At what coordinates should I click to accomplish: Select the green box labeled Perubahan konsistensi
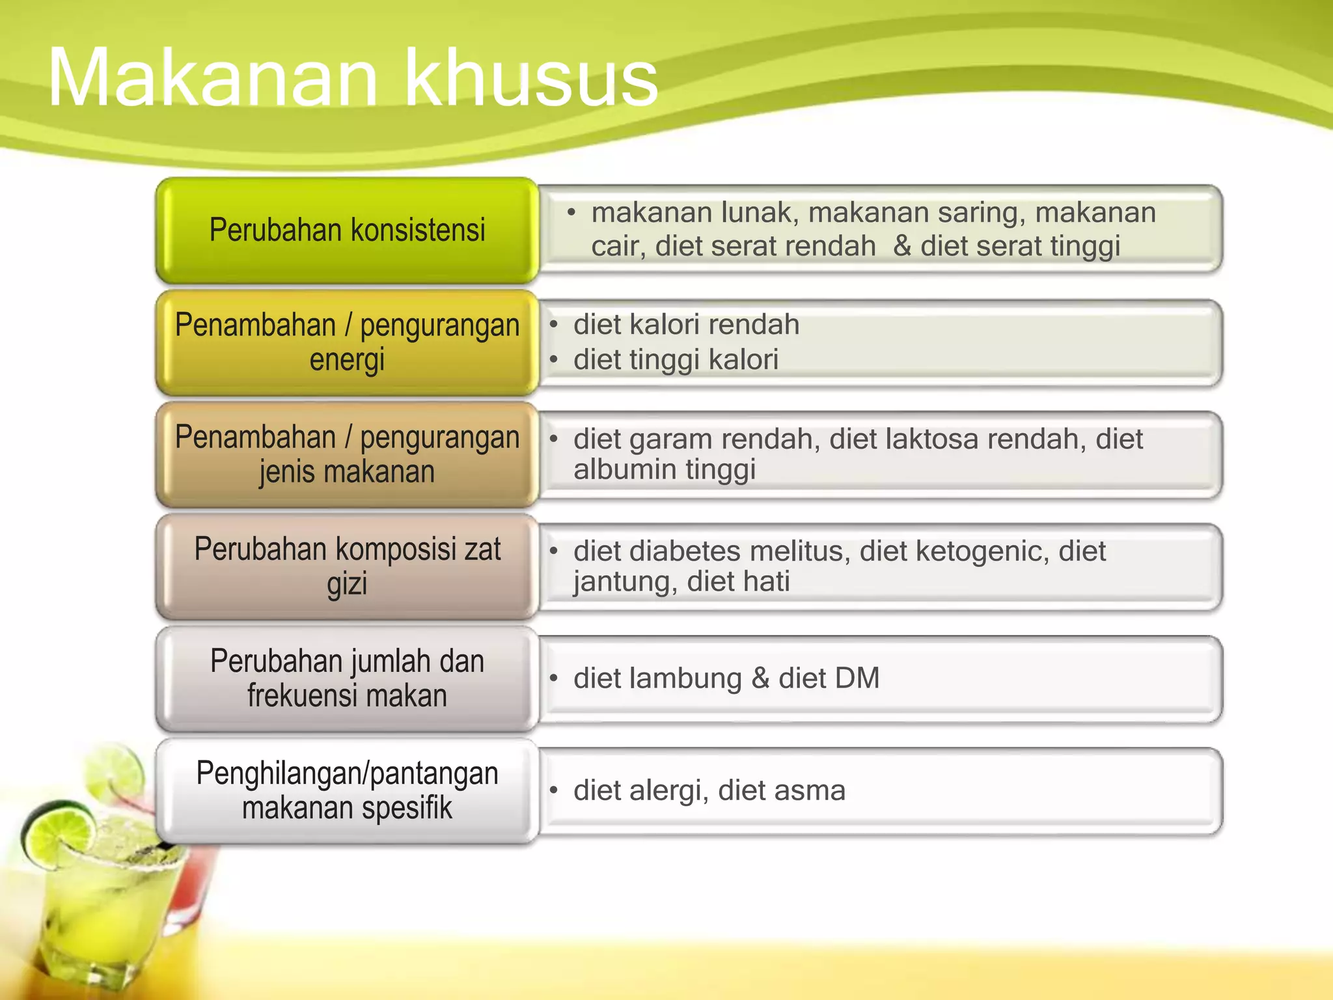[347, 230]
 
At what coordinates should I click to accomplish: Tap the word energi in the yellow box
[347, 360]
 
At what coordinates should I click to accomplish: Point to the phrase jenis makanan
[347, 471]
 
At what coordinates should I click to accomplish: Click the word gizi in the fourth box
[347, 583]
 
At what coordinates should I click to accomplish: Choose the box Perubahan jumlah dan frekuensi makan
[347, 678]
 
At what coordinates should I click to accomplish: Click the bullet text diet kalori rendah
[686, 324]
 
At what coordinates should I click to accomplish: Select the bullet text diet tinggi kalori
[676, 359]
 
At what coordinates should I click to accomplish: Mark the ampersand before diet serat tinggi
[902, 246]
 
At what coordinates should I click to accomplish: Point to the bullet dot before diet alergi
[554, 790]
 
